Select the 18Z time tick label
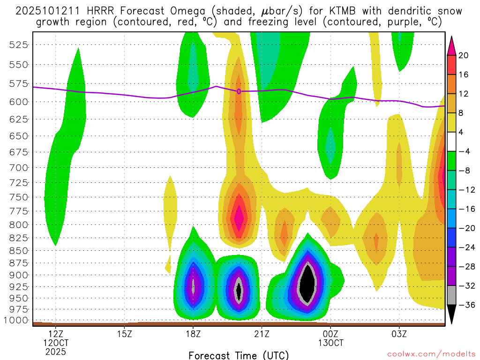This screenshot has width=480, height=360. point(193,334)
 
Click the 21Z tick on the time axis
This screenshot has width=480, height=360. point(262,334)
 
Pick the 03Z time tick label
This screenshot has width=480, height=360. point(399,334)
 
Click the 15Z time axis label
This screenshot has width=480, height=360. point(124,334)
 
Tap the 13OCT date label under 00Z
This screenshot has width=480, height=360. point(330,343)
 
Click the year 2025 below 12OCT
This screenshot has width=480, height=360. point(56,352)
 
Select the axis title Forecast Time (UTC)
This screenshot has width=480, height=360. point(239,355)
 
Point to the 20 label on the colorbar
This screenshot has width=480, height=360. point(464,55)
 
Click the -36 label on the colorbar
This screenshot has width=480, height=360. point(466,305)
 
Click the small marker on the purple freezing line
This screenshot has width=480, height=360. point(239,91)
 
